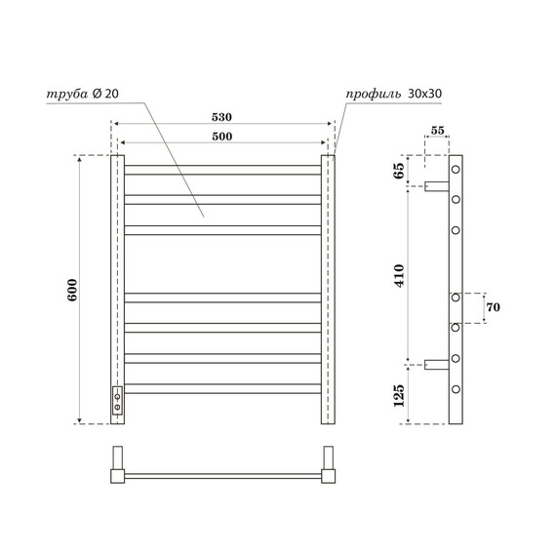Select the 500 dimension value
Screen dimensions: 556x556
(x=223, y=137)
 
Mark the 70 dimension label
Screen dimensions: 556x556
(x=493, y=307)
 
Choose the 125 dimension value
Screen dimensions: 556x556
(x=399, y=394)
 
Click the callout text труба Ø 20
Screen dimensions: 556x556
(x=82, y=95)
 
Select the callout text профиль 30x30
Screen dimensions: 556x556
(x=395, y=95)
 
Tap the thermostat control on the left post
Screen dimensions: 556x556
(x=118, y=401)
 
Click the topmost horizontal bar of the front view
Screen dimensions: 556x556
(x=223, y=170)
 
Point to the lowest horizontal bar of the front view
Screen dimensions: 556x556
(x=223, y=390)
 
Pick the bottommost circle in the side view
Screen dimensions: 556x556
(x=456, y=392)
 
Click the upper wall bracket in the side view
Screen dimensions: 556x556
(x=436, y=185)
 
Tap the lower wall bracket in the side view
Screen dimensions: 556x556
(x=436, y=364)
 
